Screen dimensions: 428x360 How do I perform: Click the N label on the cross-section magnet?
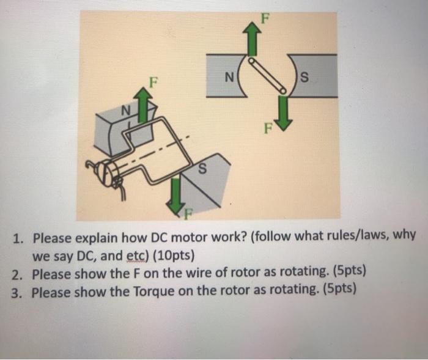coord(229,77)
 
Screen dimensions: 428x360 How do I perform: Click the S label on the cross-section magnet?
coord(304,77)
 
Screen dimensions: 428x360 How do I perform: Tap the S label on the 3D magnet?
coord(202,169)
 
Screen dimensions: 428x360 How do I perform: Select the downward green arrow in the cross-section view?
coord(284,112)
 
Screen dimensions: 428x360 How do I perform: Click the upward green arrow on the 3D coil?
coord(142,105)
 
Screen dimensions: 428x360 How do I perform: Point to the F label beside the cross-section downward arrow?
coord(268,128)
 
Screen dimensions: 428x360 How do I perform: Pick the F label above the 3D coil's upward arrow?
coord(153,82)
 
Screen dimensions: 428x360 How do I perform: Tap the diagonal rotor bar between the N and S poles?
coord(268,75)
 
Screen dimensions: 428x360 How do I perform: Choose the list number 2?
coord(17,274)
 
